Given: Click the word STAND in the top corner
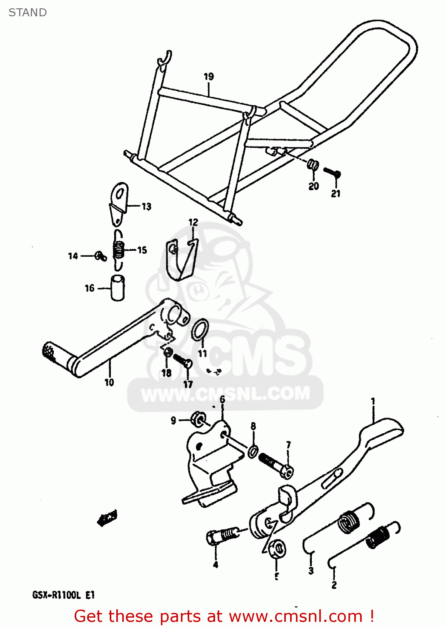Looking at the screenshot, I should (x=28, y=13).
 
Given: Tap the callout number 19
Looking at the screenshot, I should (x=209, y=76).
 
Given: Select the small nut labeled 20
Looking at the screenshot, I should (x=313, y=165).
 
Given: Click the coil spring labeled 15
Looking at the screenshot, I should (x=119, y=250).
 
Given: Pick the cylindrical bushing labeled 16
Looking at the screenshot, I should (x=118, y=287).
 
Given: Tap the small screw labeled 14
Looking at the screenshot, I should (x=100, y=256).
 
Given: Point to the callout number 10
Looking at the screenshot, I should (x=109, y=382).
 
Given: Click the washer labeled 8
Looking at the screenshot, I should (x=253, y=451).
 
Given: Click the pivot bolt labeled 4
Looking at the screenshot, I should (x=222, y=535).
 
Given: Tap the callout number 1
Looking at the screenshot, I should (x=373, y=401).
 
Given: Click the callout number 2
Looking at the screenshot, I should (x=334, y=585).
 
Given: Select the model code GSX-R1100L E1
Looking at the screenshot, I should (x=63, y=595).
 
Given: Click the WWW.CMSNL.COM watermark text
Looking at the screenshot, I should (x=226, y=394).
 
